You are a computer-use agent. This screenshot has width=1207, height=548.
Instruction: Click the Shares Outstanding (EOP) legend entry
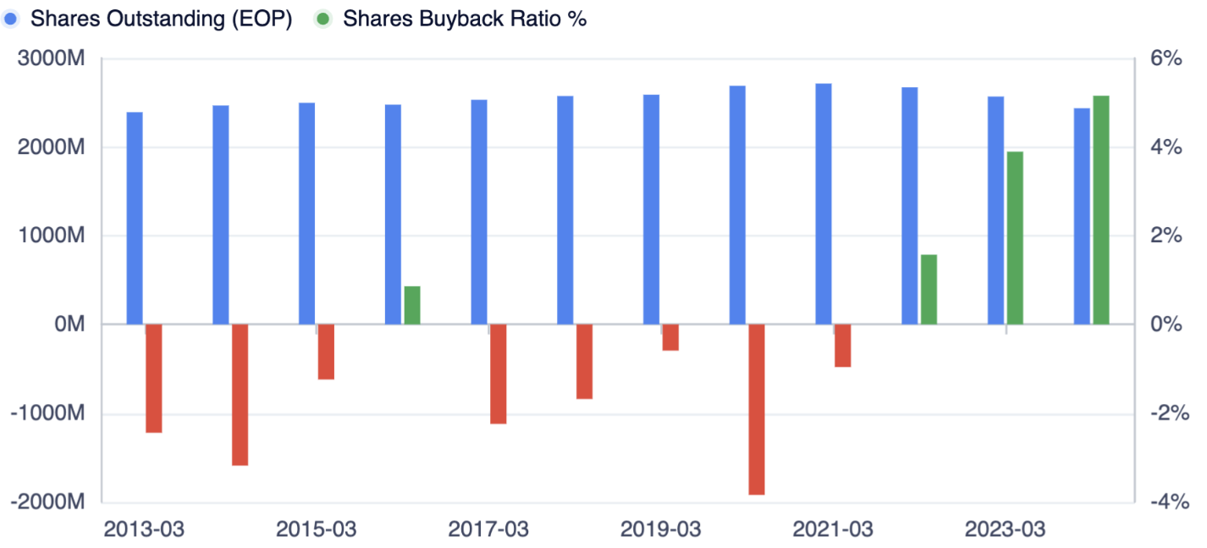point(149,19)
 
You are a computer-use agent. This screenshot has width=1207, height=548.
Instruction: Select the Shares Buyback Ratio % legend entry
point(451,19)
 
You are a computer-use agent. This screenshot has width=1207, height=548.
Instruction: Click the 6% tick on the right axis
point(1166,59)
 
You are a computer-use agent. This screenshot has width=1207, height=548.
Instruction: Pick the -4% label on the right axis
point(1166,501)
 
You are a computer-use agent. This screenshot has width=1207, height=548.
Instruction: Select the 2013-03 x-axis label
point(144,530)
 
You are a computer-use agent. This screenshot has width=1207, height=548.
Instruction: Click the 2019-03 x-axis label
point(661,530)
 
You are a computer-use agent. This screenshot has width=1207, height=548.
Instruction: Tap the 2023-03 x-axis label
point(1006,530)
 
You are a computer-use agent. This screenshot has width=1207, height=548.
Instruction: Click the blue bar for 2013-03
point(135,218)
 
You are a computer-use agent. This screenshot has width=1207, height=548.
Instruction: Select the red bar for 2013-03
point(154,379)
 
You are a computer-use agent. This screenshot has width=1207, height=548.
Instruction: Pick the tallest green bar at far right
point(1101,210)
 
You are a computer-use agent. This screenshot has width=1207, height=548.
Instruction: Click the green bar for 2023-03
point(1015,238)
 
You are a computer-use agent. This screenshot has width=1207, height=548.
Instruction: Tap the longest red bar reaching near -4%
point(757,409)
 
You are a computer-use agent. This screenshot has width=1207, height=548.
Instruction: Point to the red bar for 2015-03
point(326,351)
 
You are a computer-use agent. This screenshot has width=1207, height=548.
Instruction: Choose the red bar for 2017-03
point(499,374)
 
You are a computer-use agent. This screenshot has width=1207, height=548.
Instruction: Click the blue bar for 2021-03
point(824,204)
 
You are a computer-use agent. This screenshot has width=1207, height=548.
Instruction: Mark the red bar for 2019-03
point(670,337)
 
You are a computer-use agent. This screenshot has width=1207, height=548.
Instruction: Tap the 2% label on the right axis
point(1166,236)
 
